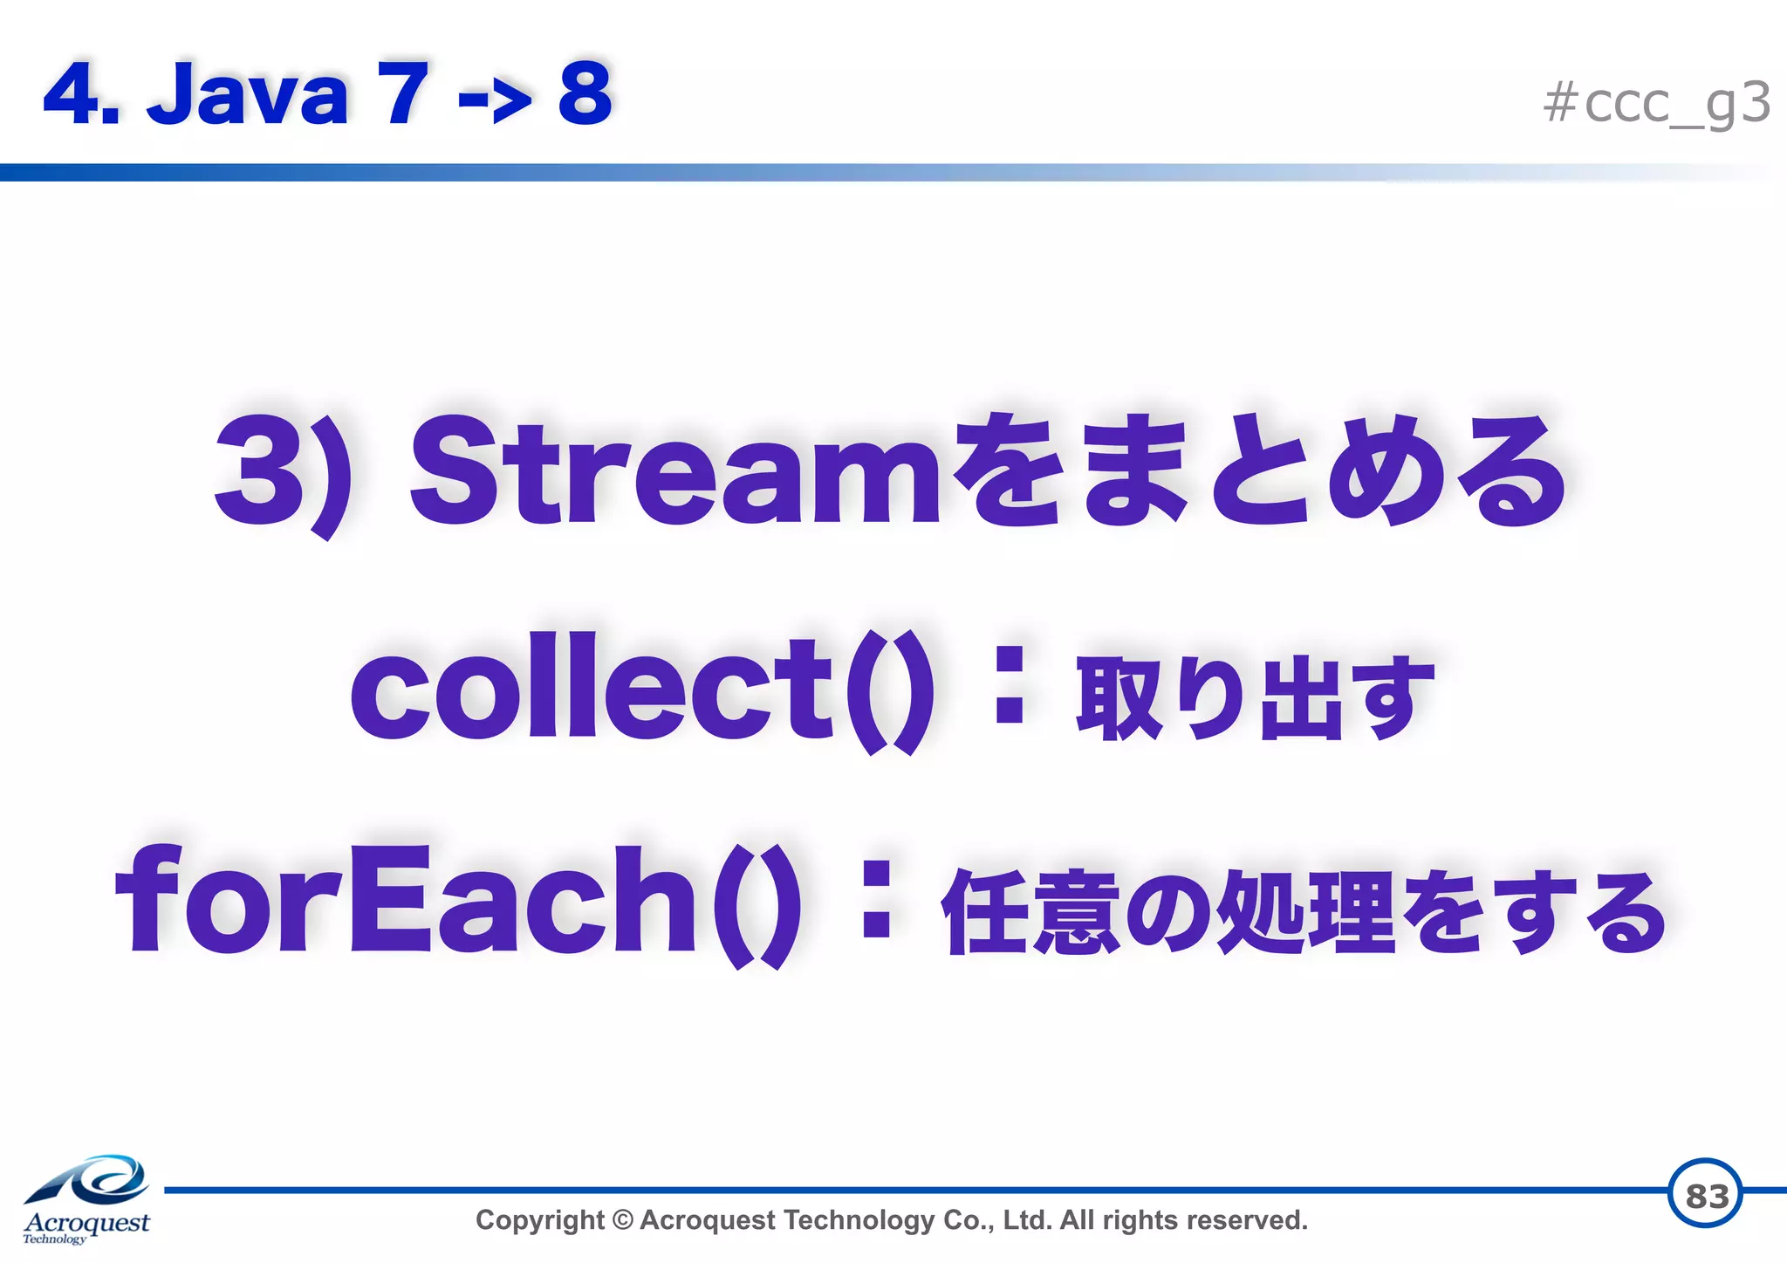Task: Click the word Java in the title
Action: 248,93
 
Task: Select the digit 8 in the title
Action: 585,93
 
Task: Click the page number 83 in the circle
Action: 1706,1195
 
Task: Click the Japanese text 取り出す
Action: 1255,698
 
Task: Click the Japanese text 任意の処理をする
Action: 1304,912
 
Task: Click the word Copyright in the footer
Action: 539,1220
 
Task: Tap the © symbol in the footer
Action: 622,1220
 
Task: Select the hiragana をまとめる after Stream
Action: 1256,471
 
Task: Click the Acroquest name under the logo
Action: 86,1222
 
